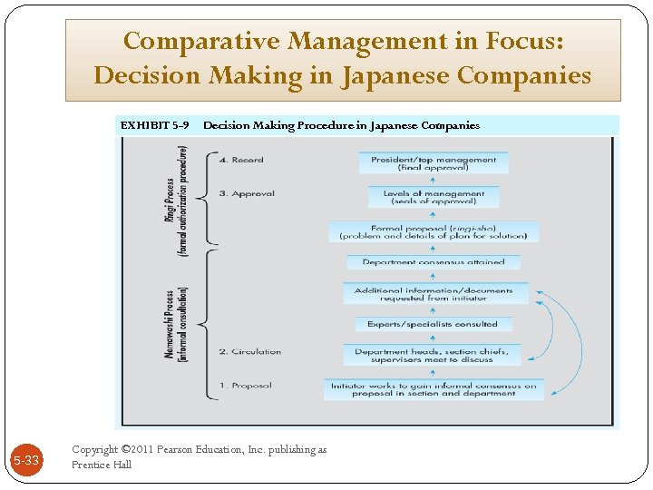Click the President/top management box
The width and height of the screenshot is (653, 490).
[x=434, y=163]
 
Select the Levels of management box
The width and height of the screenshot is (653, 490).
[x=434, y=197]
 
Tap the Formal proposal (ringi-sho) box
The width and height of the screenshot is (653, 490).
[x=434, y=231]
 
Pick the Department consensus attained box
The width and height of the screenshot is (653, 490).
[x=434, y=262]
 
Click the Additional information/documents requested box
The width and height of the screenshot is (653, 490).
[x=434, y=294]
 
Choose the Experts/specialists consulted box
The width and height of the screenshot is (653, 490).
[x=433, y=324]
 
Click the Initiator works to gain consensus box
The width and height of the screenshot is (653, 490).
[x=434, y=389]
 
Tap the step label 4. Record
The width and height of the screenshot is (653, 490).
[x=241, y=160]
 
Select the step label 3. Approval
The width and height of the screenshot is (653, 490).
[x=247, y=193]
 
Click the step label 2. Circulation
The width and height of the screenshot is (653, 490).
[x=250, y=352]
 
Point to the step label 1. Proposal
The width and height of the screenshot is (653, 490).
[x=245, y=386]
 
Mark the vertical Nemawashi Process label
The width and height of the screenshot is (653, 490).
[x=176, y=325]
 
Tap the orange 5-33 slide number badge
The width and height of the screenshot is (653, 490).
[x=25, y=461]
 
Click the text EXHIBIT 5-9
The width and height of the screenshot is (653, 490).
[x=154, y=125]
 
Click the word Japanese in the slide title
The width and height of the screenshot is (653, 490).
[x=395, y=75]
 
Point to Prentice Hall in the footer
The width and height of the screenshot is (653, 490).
[x=102, y=465]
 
